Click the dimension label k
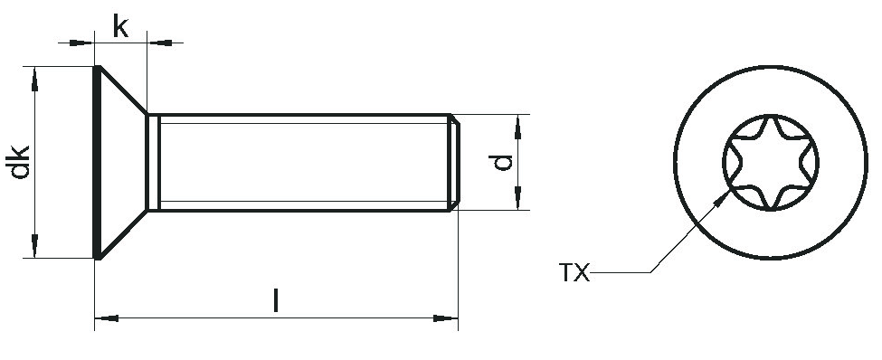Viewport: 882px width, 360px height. [x=120, y=26]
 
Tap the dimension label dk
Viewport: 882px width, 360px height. [x=20, y=163]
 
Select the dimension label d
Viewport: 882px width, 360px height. [x=500, y=162]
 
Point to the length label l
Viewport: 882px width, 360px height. [x=276, y=300]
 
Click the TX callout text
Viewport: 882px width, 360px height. [x=574, y=273]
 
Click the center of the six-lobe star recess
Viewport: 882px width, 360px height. [x=771, y=163]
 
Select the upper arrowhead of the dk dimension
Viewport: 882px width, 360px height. [x=35, y=79]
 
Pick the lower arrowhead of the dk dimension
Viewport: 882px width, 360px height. [x=35, y=245]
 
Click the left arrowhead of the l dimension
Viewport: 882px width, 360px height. [x=107, y=318]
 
